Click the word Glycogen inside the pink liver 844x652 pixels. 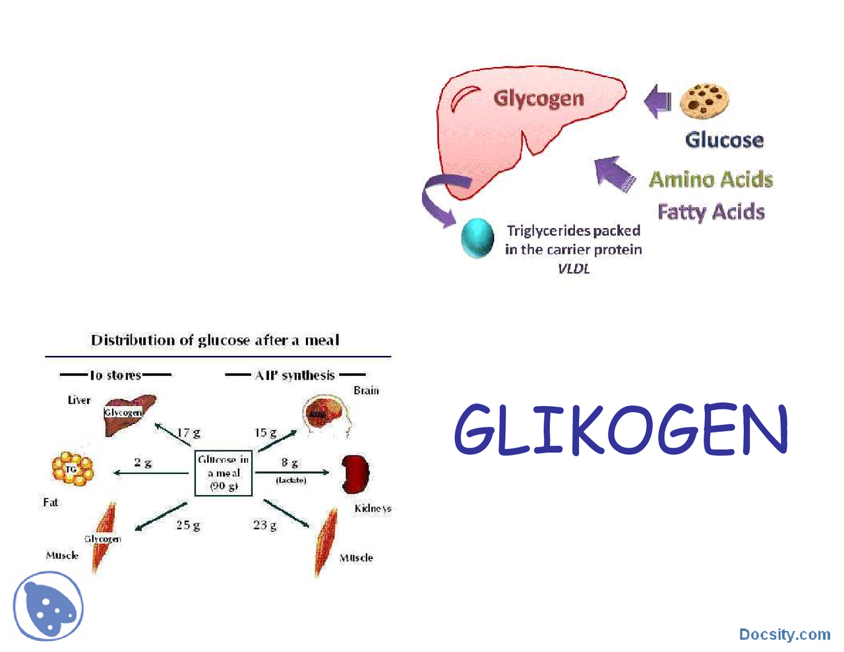coord(539,99)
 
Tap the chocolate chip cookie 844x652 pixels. coord(704,101)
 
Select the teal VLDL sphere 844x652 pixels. coord(477,238)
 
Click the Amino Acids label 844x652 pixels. coord(711,179)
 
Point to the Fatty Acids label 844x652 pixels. coord(711,212)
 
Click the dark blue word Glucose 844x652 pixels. coord(724,140)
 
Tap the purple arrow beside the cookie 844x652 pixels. coord(657,102)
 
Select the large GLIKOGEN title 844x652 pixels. coord(620,430)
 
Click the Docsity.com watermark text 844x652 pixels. coord(784,634)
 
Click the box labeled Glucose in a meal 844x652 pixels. coord(224,473)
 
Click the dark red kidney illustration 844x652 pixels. coord(355,474)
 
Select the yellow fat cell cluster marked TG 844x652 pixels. coord(72,469)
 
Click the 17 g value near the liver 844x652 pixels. coord(188,433)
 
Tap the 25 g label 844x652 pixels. coord(188,525)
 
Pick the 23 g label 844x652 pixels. coord(264,525)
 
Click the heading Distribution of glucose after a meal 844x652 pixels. coord(215,340)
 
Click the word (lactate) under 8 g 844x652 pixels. coord(291,480)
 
